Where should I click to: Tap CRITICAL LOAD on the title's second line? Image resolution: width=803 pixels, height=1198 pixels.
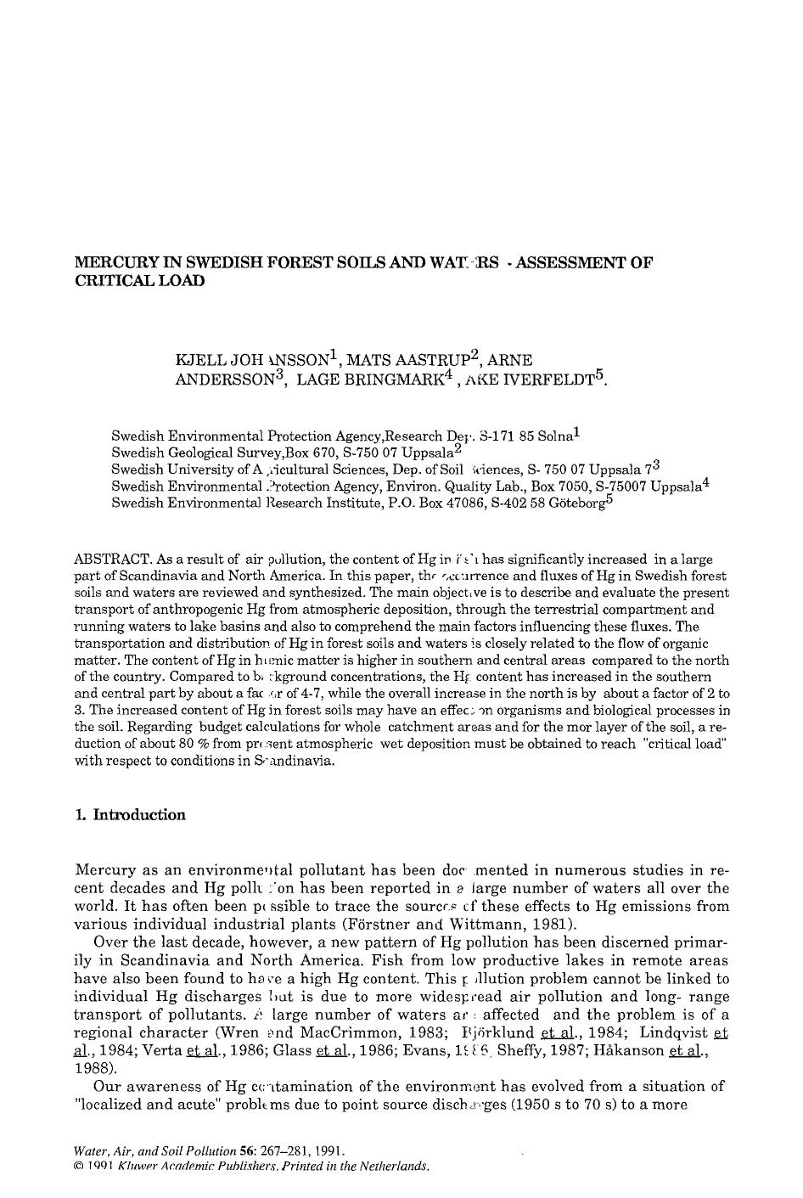click(140, 281)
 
